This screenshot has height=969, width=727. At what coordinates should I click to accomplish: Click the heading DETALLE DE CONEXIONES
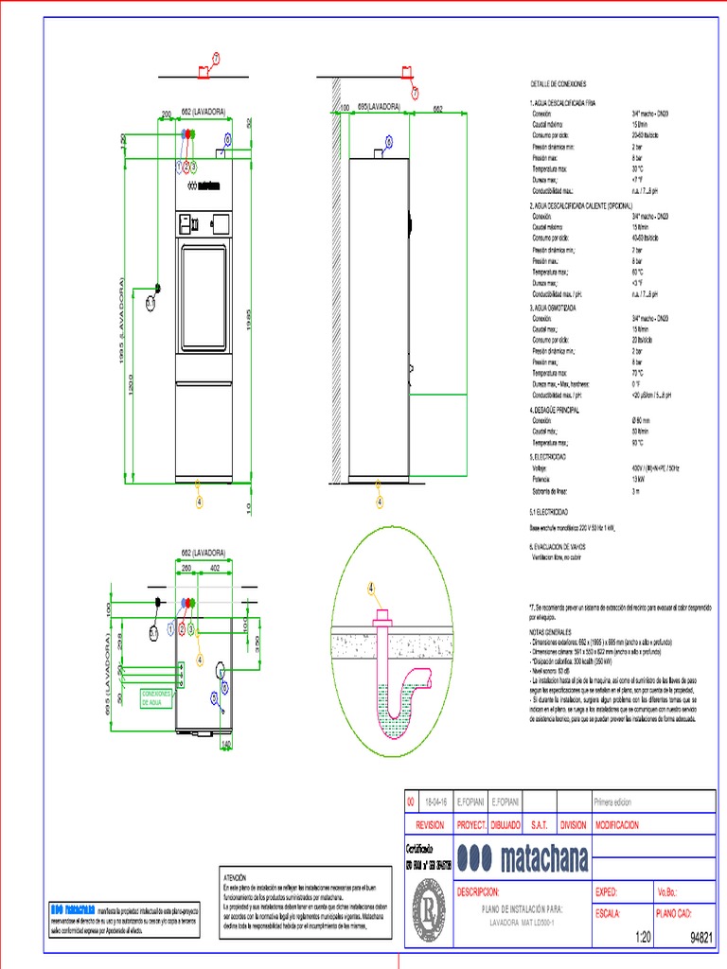[559, 84]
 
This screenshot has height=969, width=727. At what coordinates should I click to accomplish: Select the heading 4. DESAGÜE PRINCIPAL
[555, 410]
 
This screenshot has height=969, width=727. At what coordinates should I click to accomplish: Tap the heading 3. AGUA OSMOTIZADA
[553, 308]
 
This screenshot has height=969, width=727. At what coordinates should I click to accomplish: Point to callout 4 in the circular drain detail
[371, 588]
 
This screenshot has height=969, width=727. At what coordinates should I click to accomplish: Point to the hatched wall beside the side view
[335, 284]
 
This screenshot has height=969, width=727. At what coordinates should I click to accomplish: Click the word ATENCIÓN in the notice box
[233, 877]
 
